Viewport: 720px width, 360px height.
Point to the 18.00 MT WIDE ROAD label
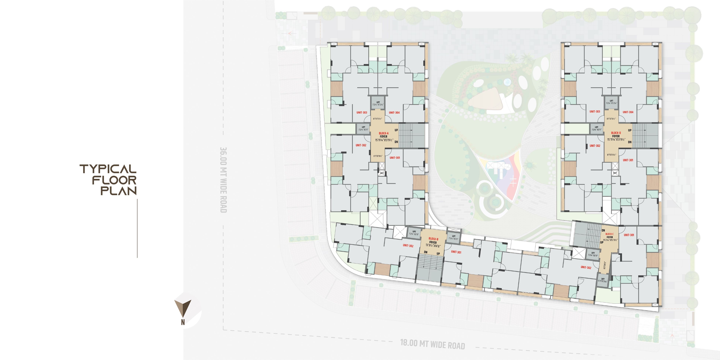(432, 344)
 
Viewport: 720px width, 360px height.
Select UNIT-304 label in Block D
(628, 112)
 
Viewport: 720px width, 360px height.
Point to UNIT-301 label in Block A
(395, 158)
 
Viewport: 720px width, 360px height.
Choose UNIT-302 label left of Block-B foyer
(408, 246)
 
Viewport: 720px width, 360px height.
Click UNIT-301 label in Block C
(629, 235)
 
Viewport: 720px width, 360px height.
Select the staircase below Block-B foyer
(431, 268)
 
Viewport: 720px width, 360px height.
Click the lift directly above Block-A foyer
(378, 103)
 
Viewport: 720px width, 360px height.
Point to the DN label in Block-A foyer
(396, 142)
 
